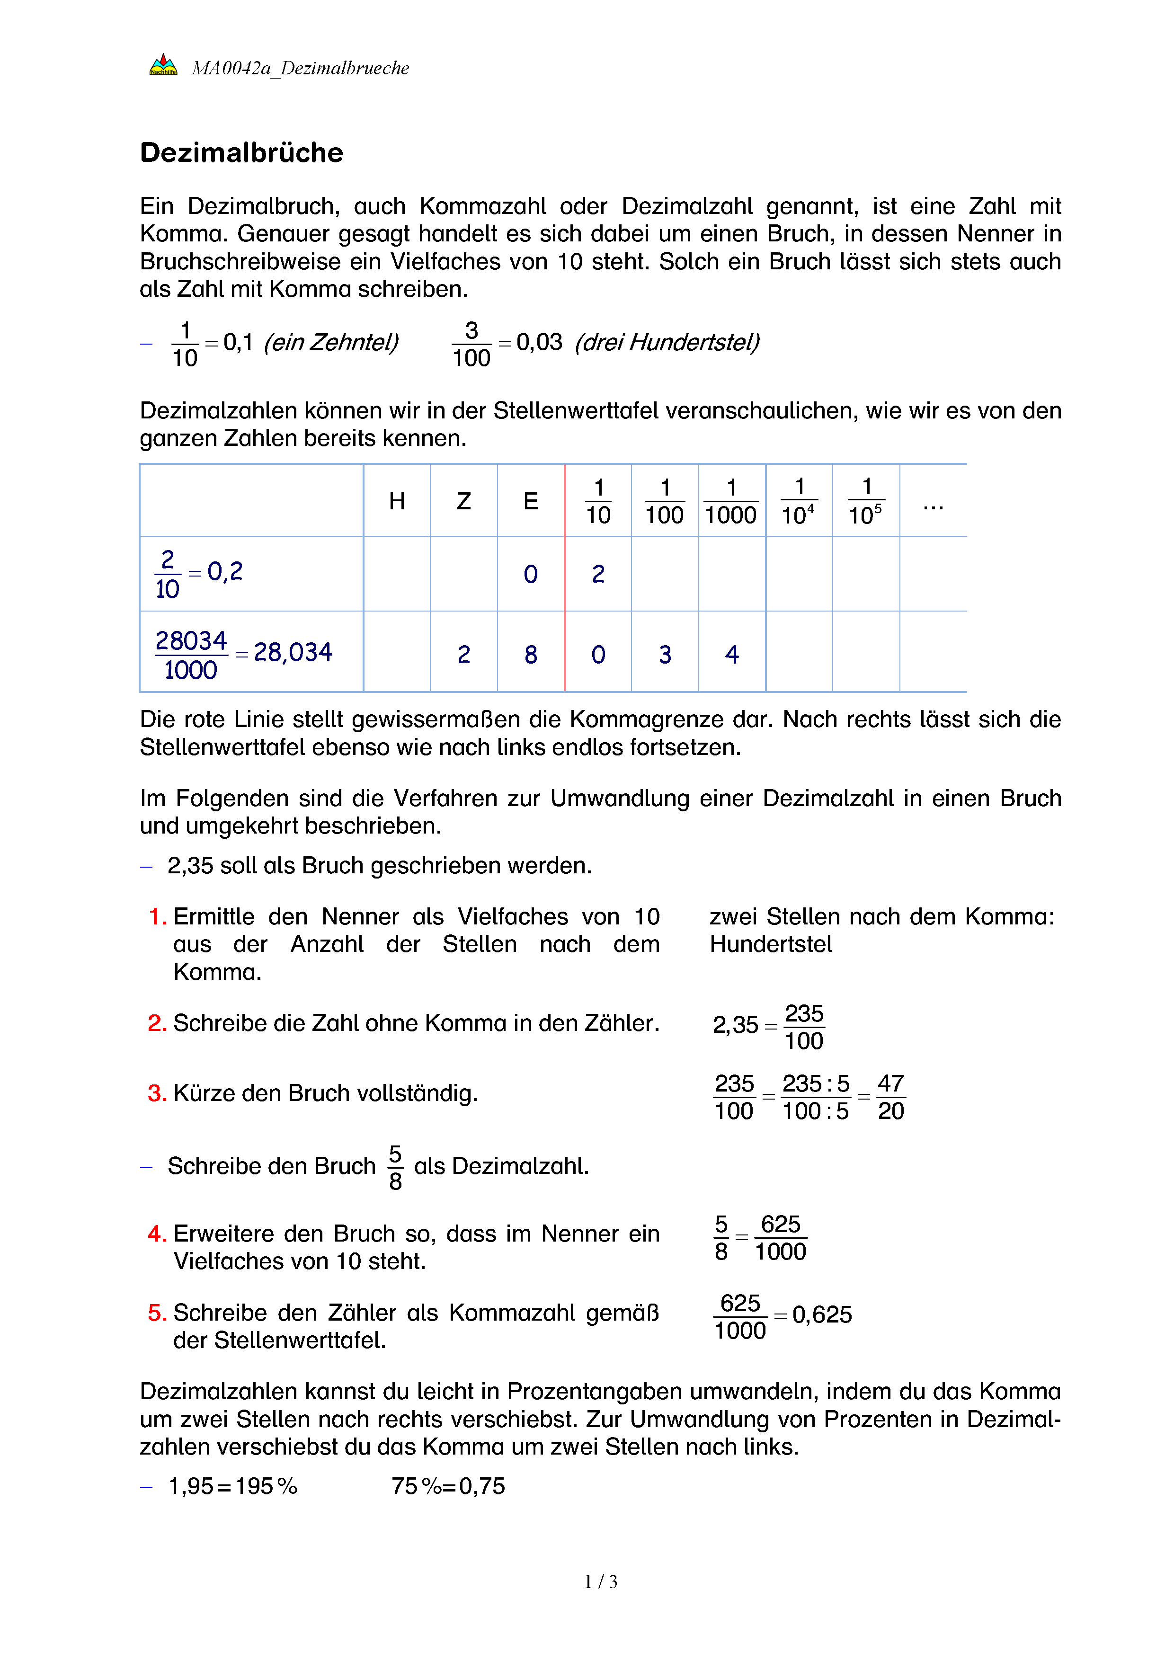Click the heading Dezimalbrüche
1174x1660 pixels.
pyautogui.click(x=241, y=152)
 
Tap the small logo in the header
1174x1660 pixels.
pyautogui.click(x=163, y=65)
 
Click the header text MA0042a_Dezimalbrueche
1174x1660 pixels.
pyautogui.click(x=300, y=68)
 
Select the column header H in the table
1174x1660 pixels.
pyautogui.click(x=396, y=501)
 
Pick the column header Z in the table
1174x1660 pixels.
pyautogui.click(x=463, y=501)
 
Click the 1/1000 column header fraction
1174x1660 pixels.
pyautogui.click(x=731, y=501)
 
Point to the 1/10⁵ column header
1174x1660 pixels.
pyautogui.click(x=865, y=501)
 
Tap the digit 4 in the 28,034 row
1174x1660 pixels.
pyautogui.click(x=731, y=654)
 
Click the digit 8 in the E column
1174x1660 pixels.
pyautogui.click(x=531, y=654)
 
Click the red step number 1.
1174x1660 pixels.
pyautogui.click(x=156, y=917)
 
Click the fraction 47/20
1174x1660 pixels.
pyautogui.click(x=890, y=1097)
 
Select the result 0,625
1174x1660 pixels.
pyautogui.click(x=822, y=1314)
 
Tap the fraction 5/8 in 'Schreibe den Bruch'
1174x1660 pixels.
pyautogui.click(x=395, y=1167)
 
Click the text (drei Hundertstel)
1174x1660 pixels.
pyautogui.click(x=667, y=342)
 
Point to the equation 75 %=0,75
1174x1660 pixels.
pyautogui.click(x=448, y=1486)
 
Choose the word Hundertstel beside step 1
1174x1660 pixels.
pyautogui.click(x=771, y=944)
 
